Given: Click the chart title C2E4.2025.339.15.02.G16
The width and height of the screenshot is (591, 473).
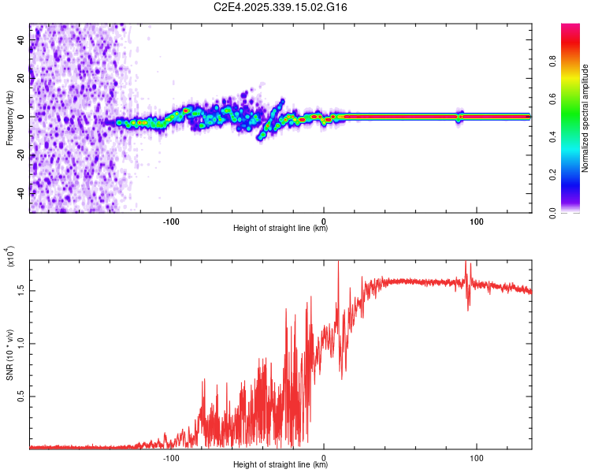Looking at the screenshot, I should click(281, 8).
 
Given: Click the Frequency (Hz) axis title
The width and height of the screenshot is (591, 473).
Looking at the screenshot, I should click(9, 117).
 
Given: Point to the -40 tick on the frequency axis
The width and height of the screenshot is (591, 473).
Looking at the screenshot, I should click(21, 192).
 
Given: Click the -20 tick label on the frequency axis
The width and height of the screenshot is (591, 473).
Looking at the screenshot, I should click(21, 155).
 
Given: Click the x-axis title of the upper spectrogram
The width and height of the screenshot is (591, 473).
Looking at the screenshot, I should click(281, 229).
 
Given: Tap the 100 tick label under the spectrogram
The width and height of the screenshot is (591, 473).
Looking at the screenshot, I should click(476, 220).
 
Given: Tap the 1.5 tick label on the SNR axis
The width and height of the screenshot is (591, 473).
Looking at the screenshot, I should click(21, 291).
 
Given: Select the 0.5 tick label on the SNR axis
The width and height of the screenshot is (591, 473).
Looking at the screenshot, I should click(21, 396).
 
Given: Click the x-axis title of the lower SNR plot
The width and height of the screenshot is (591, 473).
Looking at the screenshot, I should click(281, 465).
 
